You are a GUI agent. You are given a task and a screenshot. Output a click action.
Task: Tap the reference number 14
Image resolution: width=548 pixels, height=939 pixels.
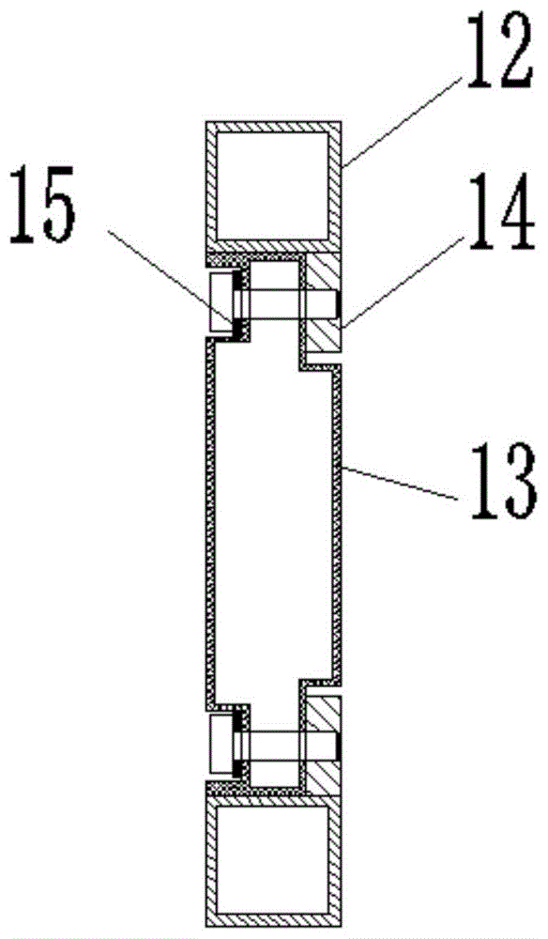(499, 211)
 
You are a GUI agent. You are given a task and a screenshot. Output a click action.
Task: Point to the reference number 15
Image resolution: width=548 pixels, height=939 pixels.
(42, 204)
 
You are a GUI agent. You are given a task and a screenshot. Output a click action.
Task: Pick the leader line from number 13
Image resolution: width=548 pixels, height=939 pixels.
(401, 482)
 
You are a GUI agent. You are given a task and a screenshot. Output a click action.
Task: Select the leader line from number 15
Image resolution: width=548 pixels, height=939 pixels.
(169, 276)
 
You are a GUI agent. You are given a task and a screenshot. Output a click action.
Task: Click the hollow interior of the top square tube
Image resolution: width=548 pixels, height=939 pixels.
(273, 185)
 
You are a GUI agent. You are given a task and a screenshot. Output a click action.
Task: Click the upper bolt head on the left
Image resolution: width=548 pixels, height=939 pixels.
(221, 301)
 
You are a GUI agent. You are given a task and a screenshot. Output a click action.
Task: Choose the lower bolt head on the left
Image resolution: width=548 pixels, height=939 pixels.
(221, 747)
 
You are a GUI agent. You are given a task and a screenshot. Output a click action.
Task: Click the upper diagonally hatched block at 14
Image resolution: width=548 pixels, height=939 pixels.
(324, 302)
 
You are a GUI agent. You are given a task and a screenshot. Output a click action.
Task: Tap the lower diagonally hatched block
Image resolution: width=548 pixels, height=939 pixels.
(324, 747)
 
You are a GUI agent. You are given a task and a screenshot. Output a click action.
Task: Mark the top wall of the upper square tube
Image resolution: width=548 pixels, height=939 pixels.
(273, 127)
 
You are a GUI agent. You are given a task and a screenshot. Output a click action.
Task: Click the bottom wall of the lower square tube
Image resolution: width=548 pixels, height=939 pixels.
(273, 920)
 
